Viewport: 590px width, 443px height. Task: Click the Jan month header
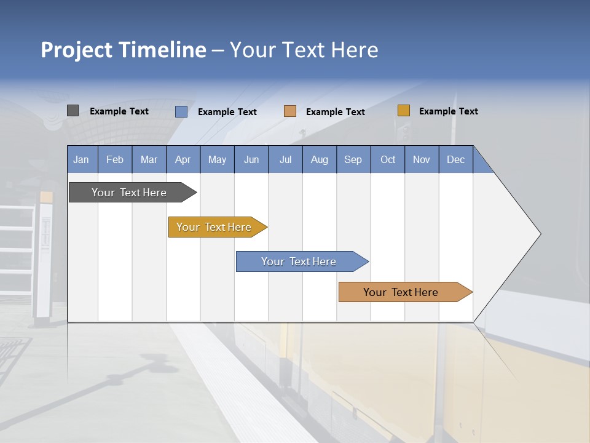pyautogui.click(x=81, y=159)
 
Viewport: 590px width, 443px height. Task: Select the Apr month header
pyautogui.click(x=183, y=159)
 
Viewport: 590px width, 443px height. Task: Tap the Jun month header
pyautogui.click(x=251, y=159)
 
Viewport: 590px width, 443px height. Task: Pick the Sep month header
pyautogui.click(x=353, y=159)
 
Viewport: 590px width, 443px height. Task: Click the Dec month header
pyautogui.click(x=455, y=159)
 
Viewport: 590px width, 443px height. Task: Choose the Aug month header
pyautogui.click(x=319, y=159)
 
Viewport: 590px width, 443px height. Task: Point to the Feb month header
pyautogui.click(x=115, y=159)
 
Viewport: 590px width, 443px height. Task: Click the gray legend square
pyautogui.click(x=73, y=111)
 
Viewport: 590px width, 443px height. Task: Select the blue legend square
pyautogui.click(x=181, y=111)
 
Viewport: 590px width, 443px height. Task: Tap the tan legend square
pyautogui.click(x=290, y=111)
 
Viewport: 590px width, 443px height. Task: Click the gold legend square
pyautogui.click(x=403, y=111)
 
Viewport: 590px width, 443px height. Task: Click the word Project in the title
pyautogui.click(x=77, y=50)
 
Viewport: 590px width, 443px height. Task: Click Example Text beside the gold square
pyautogui.click(x=448, y=111)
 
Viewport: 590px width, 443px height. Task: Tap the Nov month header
pyautogui.click(x=421, y=159)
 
